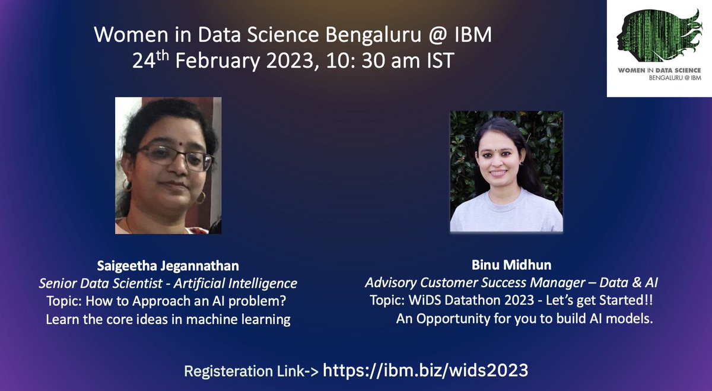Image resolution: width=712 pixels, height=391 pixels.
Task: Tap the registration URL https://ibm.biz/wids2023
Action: [x=425, y=370]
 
